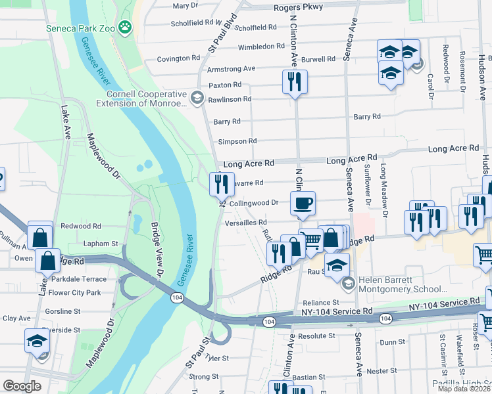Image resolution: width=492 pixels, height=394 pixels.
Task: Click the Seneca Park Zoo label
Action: point(82,28)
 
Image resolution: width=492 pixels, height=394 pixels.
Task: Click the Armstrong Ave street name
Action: point(231,68)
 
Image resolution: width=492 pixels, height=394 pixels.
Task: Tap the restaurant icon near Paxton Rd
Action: point(294,81)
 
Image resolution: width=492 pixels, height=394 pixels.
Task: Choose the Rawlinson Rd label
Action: point(230,99)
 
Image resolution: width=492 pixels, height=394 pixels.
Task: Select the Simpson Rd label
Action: point(237,141)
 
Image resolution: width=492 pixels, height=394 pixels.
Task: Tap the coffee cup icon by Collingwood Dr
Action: point(303,203)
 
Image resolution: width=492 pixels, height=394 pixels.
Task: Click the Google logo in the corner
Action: point(22,385)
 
